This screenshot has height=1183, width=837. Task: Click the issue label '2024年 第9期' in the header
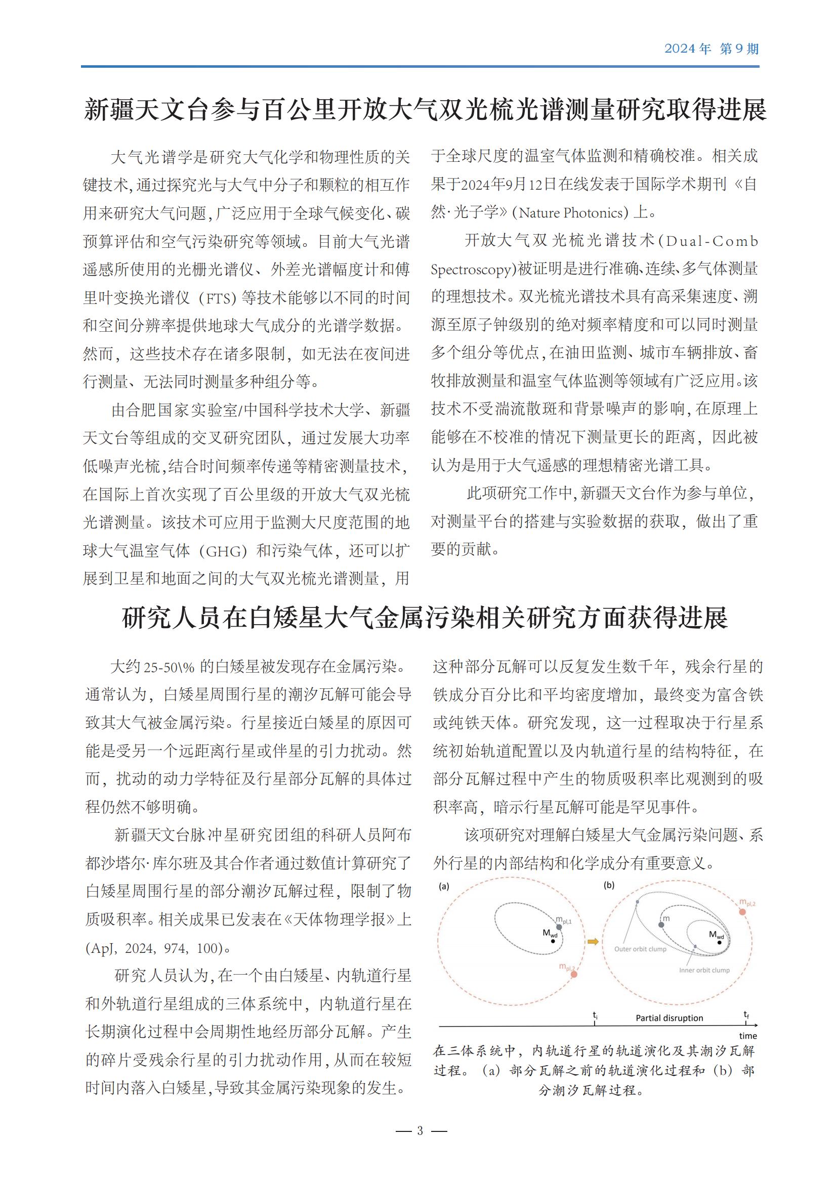pos(710,49)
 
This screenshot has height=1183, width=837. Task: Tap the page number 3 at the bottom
pos(420,1130)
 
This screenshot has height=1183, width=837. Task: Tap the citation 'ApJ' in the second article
pos(105,948)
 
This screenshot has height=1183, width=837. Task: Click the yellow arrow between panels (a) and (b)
pos(593,942)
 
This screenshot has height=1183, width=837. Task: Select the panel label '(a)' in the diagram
pos(444,886)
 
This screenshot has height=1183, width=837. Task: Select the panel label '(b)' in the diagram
pos(609,885)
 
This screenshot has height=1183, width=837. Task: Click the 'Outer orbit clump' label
pos(640,949)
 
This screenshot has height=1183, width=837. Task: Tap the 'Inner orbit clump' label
pos(704,970)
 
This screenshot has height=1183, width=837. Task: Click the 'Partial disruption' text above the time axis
pos(669,1018)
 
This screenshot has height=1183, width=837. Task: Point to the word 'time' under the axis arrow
pos(748,1036)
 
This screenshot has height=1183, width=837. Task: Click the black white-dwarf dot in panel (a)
pos(553,941)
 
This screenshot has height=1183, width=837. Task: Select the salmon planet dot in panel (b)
pos(742,911)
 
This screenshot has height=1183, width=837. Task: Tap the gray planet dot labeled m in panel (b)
pos(661,925)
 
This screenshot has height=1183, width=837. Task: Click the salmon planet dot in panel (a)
pos(574,974)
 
